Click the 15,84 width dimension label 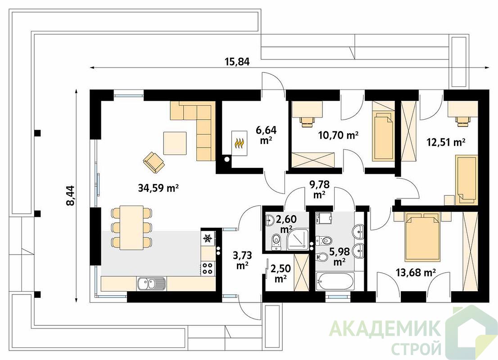tap(237, 61)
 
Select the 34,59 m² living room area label tap(158, 188)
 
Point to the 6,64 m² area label tap(266, 135)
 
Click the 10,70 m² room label tap(338, 135)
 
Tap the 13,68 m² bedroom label tap(416, 272)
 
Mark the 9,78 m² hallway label tap(319, 189)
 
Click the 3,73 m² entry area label tap(242, 260)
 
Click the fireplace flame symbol tap(239, 143)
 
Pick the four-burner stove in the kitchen tap(208, 268)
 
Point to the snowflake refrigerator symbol tap(208, 238)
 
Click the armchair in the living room tap(154, 162)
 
